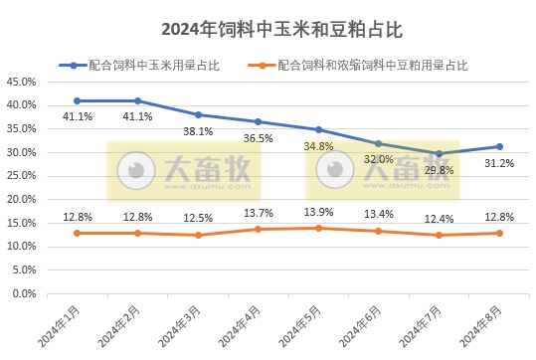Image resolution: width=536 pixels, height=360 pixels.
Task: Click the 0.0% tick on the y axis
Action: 25,294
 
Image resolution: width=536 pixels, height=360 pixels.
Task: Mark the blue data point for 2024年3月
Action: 198,114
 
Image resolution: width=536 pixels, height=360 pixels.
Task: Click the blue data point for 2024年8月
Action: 499,147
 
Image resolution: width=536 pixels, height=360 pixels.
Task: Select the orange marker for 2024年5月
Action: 318,228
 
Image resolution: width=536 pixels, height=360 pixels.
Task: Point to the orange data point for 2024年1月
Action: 78,233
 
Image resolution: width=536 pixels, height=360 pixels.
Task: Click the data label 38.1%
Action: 198,130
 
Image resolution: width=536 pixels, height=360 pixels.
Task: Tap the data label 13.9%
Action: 318,213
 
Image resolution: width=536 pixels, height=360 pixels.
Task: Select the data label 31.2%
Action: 499,163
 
